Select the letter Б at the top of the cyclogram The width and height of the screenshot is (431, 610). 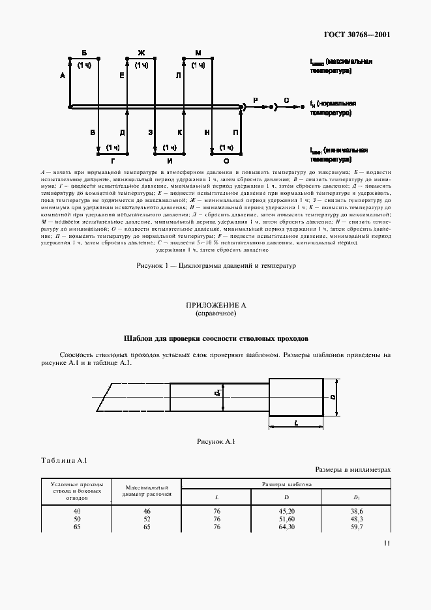(83, 52)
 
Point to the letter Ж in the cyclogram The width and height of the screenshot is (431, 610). (140, 52)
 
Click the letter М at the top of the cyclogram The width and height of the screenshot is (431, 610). (198, 52)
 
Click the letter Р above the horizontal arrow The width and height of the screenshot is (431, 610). (256, 100)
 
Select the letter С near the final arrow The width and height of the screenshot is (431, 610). (286, 100)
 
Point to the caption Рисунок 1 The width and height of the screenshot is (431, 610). (215, 266)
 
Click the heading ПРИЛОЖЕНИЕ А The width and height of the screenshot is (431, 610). (215, 305)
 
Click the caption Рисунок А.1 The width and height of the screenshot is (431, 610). (215, 442)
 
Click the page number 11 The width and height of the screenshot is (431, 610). (387, 543)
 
